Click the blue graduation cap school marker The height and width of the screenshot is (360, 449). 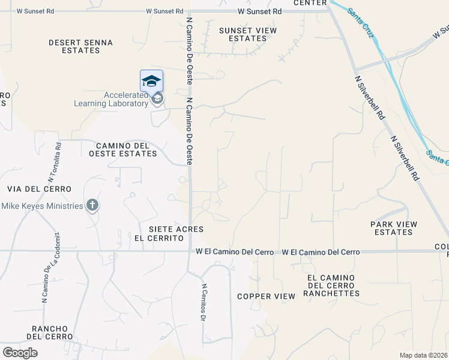[x=151, y=81]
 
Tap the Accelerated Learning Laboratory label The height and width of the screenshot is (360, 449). [x=110, y=99]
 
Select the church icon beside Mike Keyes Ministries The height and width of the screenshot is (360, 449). [x=92, y=206]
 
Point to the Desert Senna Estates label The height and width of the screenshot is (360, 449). [x=74, y=46]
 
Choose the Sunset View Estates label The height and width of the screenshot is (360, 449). [x=247, y=34]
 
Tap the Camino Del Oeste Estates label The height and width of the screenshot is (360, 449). [x=126, y=149]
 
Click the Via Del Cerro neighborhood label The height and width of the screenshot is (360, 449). [x=39, y=189]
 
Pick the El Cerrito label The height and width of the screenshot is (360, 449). [x=158, y=238]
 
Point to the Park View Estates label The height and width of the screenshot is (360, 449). [x=393, y=228]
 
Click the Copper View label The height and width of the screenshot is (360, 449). [x=266, y=296]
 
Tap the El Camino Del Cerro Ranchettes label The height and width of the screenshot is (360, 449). [x=333, y=285]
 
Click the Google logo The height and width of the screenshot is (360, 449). [x=20, y=353]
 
